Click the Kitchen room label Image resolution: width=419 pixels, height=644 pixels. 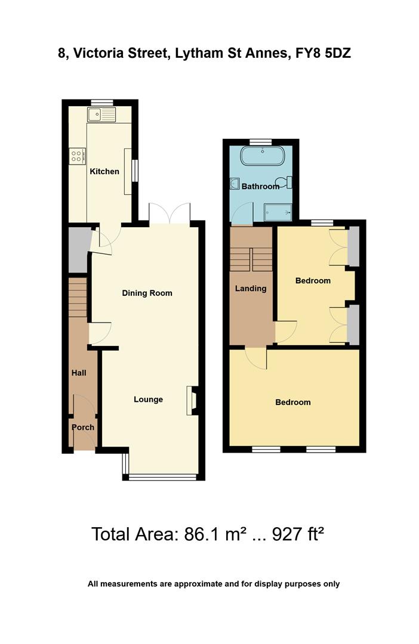104,172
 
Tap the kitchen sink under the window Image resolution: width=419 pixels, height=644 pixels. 101,114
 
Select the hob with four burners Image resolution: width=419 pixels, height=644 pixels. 77,156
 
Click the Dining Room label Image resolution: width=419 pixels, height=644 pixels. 147,293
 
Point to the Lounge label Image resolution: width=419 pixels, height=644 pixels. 148,400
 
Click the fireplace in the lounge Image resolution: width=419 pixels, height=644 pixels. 192,400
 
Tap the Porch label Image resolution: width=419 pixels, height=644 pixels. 83,428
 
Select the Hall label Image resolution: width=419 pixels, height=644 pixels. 79,373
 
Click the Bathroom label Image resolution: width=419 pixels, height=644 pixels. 260,187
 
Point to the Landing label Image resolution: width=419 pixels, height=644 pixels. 251,289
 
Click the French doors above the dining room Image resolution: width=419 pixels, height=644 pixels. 170,213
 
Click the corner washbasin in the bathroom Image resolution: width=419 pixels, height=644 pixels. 235,185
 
